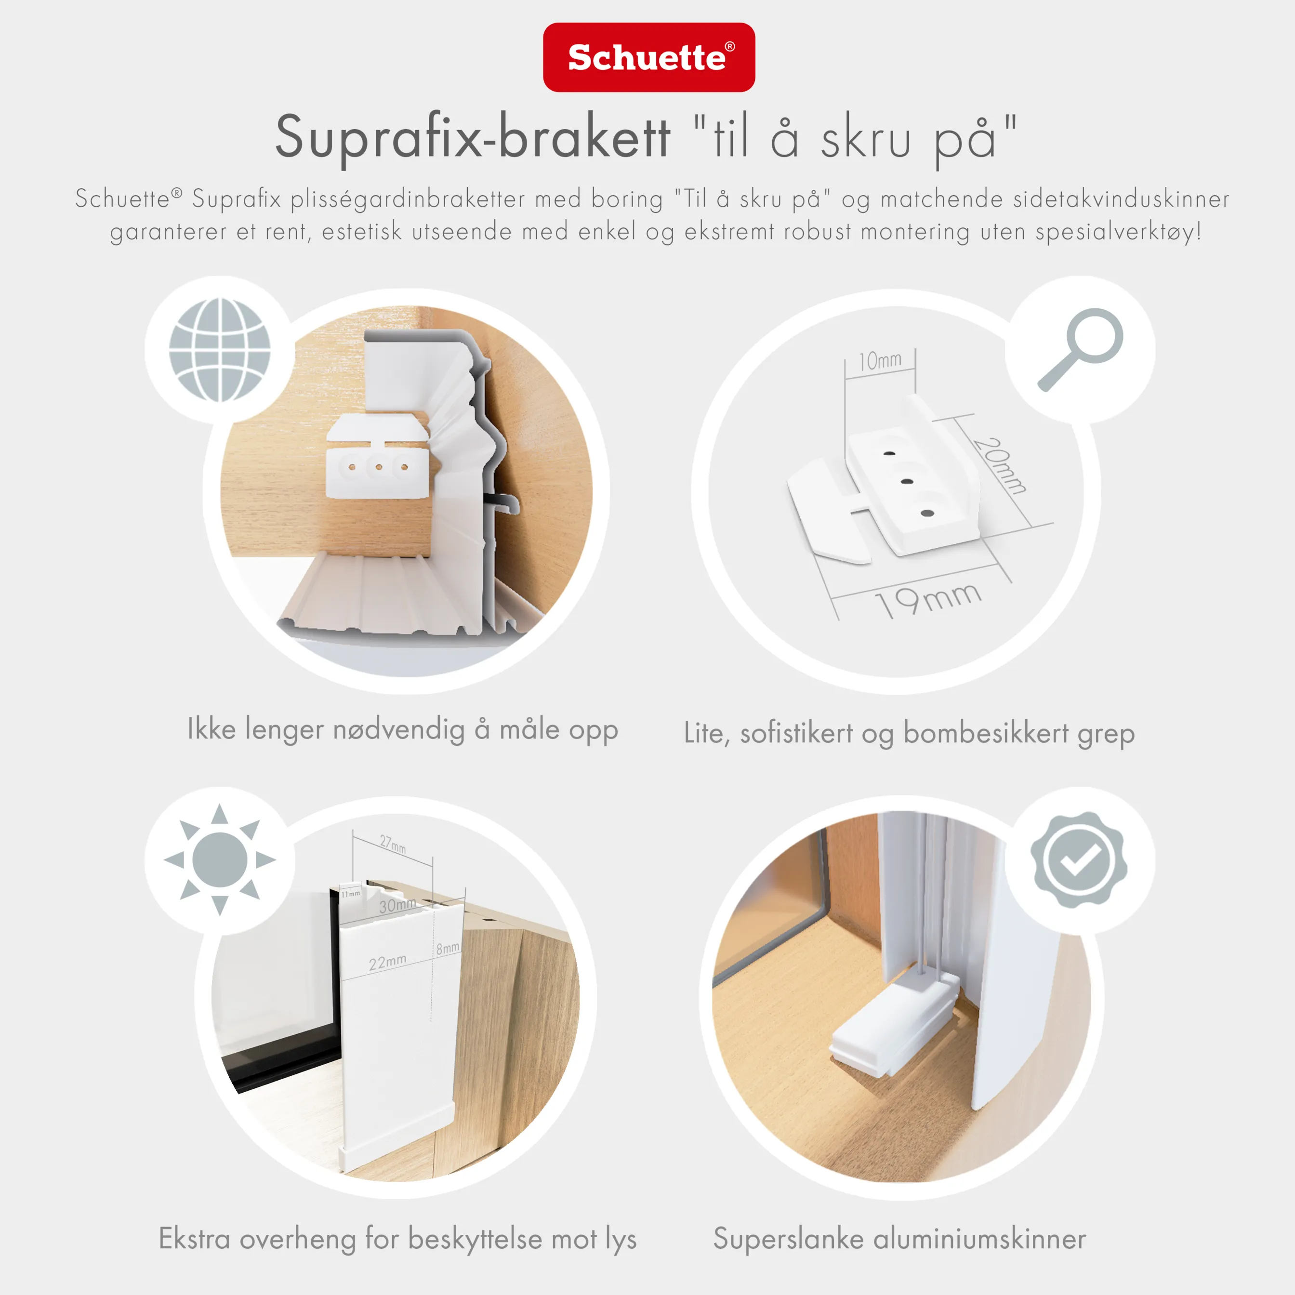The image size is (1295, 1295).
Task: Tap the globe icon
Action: pos(219,349)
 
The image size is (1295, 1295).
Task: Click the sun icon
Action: pos(219,859)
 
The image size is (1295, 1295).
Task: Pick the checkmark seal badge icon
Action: pos(1079,859)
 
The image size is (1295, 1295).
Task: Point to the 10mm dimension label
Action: pos(880,361)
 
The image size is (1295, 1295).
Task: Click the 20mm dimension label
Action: pos(999,465)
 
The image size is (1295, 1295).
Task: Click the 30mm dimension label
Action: pos(397,905)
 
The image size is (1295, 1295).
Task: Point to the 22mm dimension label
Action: pos(387,963)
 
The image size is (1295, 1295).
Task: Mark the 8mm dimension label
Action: pos(448,948)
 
